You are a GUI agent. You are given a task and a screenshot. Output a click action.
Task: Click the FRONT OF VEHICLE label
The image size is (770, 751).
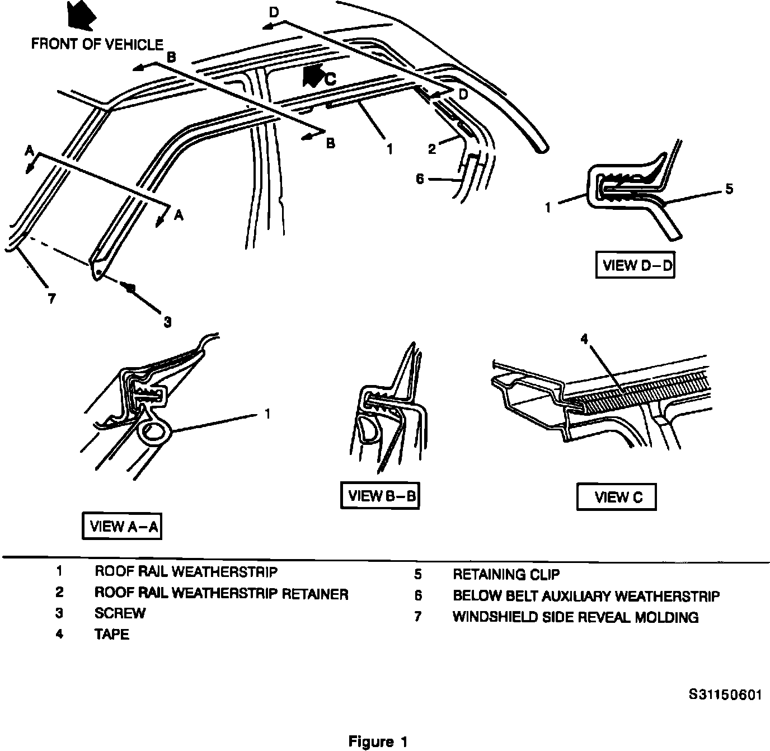[x=97, y=44]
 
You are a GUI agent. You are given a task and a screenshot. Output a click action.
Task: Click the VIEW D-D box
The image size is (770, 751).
[x=635, y=265]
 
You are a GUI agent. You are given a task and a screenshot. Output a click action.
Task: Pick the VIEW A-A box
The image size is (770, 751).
[x=122, y=526]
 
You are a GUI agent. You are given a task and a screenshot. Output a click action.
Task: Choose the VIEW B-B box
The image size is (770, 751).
[x=380, y=495]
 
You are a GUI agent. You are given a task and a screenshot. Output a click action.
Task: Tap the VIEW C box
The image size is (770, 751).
[x=616, y=497]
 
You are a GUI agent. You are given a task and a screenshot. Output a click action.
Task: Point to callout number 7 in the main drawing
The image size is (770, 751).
[x=51, y=299]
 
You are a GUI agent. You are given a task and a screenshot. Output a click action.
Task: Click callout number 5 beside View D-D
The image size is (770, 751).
[x=728, y=189]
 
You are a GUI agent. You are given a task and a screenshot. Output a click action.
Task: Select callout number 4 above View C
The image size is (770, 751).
[x=584, y=340]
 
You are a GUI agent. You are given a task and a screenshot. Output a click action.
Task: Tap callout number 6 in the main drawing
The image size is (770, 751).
[x=421, y=179]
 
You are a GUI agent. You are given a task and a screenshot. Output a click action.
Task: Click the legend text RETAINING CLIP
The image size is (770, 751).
[x=506, y=574]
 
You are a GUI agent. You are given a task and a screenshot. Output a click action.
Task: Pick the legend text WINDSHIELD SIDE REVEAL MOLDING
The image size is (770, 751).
[x=575, y=617]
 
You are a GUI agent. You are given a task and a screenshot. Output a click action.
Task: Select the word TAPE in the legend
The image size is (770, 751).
[x=111, y=635]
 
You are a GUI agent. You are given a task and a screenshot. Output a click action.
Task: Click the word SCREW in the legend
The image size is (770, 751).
[x=120, y=613]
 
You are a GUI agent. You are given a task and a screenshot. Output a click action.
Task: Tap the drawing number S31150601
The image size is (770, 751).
[x=725, y=695]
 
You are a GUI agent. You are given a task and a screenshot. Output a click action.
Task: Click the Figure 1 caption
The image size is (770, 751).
[x=378, y=742]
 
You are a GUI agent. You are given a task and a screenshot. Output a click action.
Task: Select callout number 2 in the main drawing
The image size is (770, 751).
[x=432, y=149]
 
